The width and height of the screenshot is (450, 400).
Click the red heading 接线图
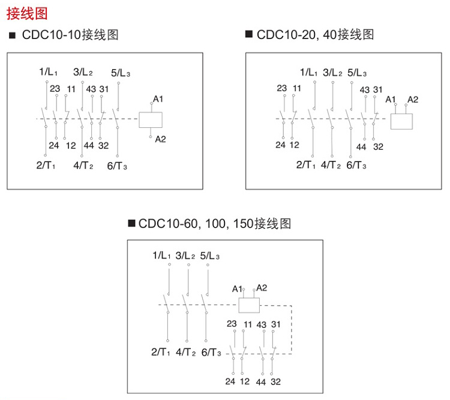click(26, 13)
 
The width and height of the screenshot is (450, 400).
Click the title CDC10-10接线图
click(70, 35)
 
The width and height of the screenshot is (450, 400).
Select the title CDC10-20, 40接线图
click(315, 34)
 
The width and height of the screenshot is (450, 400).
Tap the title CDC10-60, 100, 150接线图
click(215, 223)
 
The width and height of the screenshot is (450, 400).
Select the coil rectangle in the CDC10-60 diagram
click(249, 305)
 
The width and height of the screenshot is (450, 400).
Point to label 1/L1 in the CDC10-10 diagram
click(48, 72)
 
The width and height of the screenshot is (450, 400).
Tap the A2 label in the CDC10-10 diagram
click(160, 139)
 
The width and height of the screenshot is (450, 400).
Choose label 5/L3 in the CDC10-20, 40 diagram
click(357, 73)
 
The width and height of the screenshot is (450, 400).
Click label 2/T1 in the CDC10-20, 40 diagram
click(306, 165)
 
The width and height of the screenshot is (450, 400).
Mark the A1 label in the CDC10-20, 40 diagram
click(391, 99)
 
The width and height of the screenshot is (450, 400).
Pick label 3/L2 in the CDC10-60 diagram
click(185, 256)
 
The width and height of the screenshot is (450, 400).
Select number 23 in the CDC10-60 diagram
click(232, 324)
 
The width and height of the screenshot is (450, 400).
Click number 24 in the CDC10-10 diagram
click(54, 145)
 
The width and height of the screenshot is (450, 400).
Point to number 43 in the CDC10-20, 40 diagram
click(364, 89)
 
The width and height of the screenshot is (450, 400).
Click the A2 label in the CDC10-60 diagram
click(262, 287)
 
